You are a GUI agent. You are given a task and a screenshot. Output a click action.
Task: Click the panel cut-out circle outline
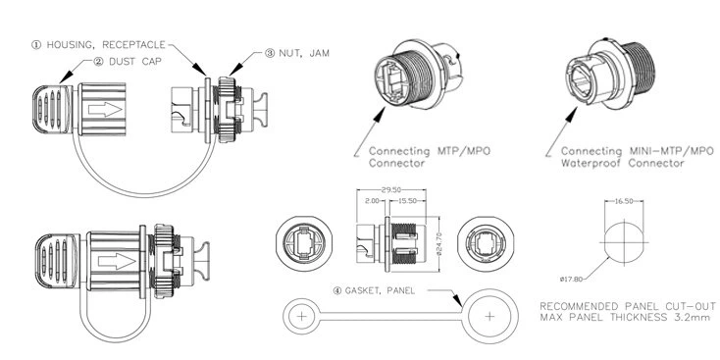pyautogui.click(x=620, y=235)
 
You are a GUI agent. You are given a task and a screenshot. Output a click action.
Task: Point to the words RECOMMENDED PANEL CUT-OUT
pyautogui.click(x=623, y=307)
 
